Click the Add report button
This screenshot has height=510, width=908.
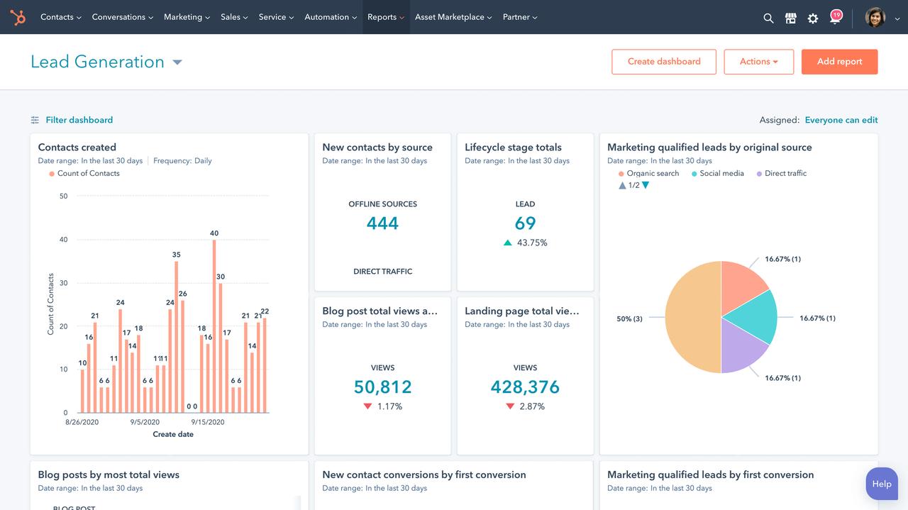click(839, 62)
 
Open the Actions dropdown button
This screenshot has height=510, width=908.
click(758, 62)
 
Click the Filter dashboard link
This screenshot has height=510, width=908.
click(79, 120)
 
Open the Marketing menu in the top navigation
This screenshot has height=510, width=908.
click(187, 17)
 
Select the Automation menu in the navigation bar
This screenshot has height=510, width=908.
click(331, 17)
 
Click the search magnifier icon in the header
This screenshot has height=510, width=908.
click(768, 18)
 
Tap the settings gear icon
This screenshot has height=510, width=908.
click(813, 18)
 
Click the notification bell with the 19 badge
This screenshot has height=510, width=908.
click(835, 18)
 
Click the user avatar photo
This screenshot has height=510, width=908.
click(875, 17)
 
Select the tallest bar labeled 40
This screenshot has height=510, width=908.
click(214, 326)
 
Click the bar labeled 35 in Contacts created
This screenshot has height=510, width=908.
click(176, 337)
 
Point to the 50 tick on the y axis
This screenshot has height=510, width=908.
click(64, 196)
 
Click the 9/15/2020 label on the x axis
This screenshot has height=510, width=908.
click(207, 422)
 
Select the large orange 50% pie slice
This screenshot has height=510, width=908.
click(692, 317)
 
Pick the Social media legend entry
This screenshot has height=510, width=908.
click(721, 173)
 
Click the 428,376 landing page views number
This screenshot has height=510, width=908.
click(525, 387)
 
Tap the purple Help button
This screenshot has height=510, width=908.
click(881, 484)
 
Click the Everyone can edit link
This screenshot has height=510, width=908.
click(841, 120)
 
